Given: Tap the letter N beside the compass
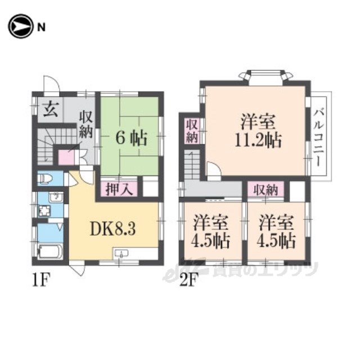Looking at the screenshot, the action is pyautogui.click(x=41, y=28).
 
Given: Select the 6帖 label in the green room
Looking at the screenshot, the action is pyautogui.click(x=131, y=139).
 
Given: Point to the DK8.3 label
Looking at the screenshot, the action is pyautogui.click(x=112, y=229).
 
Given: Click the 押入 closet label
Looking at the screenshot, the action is pyautogui.click(x=119, y=190).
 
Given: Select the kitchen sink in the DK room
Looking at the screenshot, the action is pyautogui.click(x=121, y=254).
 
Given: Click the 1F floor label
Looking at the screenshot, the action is pyautogui.click(x=40, y=280).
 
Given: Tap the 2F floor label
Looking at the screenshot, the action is pyautogui.click(x=189, y=280).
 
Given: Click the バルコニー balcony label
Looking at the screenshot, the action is pyautogui.click(x=319, y=137).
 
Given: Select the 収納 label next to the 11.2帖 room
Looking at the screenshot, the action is pyautogui.click(x=192, y=131).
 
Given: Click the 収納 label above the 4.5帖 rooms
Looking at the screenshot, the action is pyautogui.click(x=265, y=190).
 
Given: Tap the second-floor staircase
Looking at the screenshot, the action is pyautogui.click(x=192, y=165).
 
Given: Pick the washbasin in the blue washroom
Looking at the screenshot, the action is pyautogui.click(x=56, y=197).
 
